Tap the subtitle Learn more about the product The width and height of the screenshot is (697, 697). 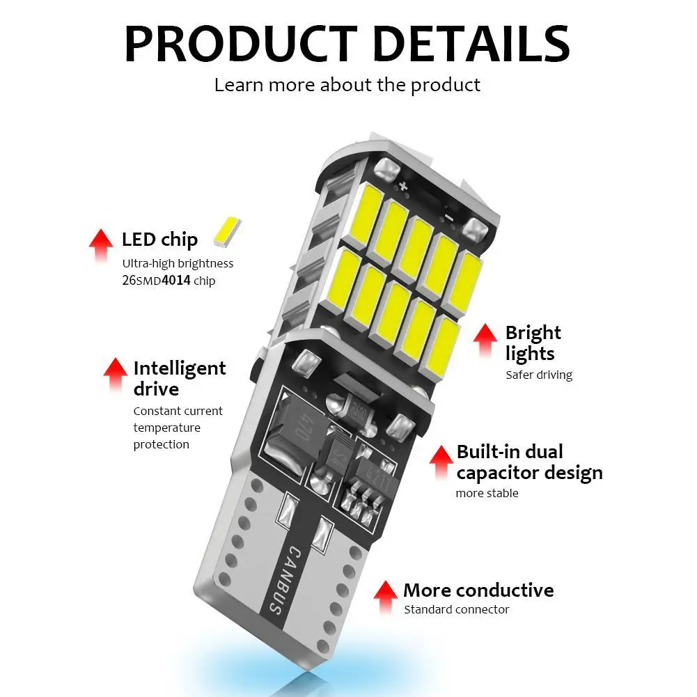[347, 85]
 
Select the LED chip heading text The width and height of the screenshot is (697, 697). [159, 240]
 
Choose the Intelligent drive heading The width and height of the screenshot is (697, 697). [179, 378]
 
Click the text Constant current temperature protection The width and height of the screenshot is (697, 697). [178, 428]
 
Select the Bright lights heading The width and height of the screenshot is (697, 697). [533, 343]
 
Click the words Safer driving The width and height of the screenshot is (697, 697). [538, 375]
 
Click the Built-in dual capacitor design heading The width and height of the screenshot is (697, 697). [529, 462]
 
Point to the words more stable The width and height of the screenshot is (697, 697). [487, 493]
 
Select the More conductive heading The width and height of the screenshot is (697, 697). [478, 590]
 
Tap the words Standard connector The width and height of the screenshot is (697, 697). [456, 610]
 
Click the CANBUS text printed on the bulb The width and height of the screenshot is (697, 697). [284, 579]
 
